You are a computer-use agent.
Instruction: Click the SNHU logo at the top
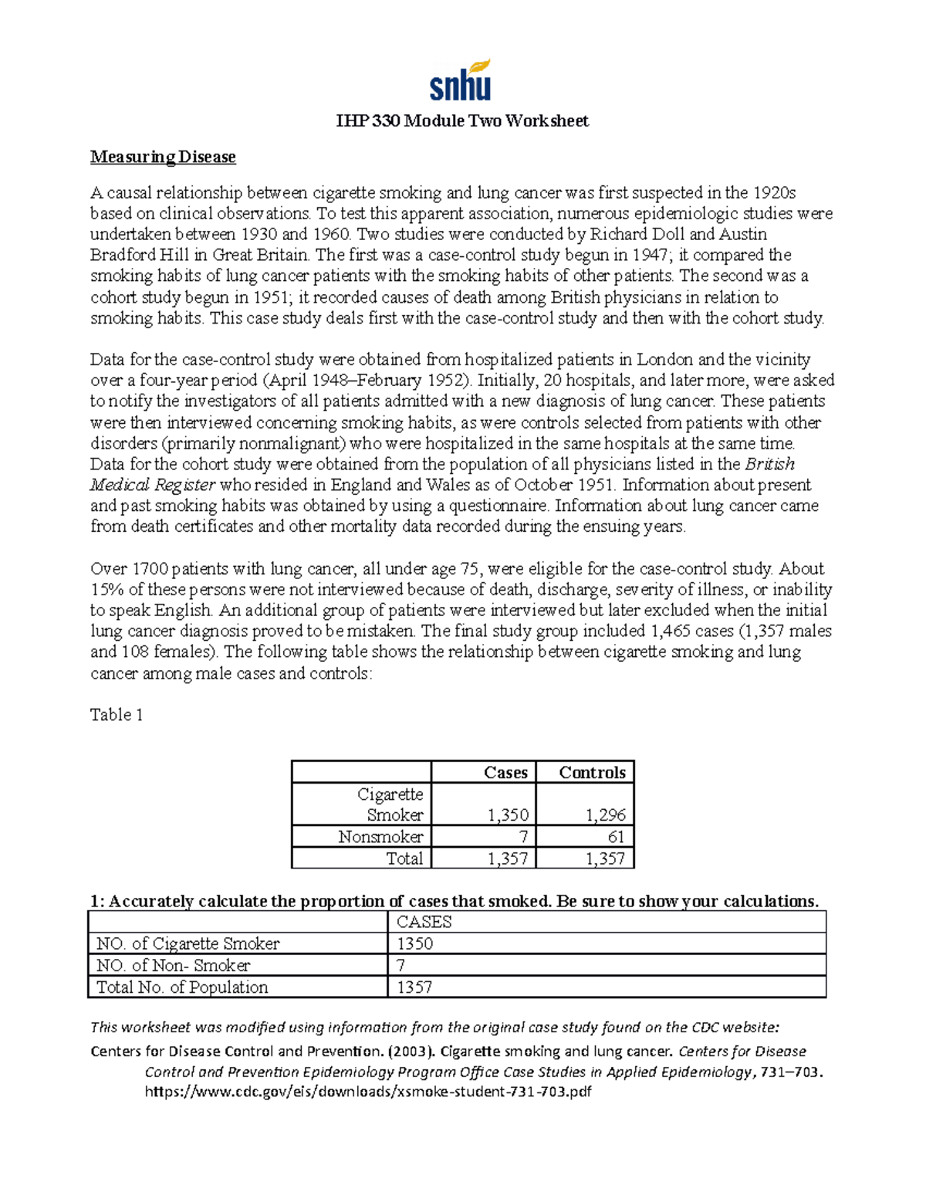click(x=461, y=81)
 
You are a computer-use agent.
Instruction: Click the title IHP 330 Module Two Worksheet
click(x=462, y=121)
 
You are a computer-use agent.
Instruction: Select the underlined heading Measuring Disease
click(x=163, y=157)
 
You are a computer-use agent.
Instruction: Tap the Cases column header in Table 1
click(x=505, y=773)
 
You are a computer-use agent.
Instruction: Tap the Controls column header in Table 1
click(x=592, y=773)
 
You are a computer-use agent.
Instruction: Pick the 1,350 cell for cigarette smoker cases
click(x=508, y=815)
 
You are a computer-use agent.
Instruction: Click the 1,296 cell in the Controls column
click(x=605, y=815)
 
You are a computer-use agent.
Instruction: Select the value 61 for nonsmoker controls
click(x=616, y=837)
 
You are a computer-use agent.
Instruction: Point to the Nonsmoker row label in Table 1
click(x=380, y=837)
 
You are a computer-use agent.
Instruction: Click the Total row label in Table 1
click(x=404, y=859)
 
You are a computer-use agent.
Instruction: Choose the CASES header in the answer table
click(x=424, y=922)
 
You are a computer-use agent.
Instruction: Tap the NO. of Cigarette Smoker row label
click(x=188, y=943)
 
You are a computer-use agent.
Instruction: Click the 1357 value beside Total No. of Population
click(x=414, y=987)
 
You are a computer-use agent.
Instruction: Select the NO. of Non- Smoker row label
click(x=173, y=966)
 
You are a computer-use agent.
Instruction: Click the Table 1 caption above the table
click(x=117, y=715)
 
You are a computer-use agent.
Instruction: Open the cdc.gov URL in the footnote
click(x=368, y=1092)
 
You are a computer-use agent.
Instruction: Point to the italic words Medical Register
click(x=153, y=485)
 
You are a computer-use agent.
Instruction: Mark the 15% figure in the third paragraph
click(x=105, y=590)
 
